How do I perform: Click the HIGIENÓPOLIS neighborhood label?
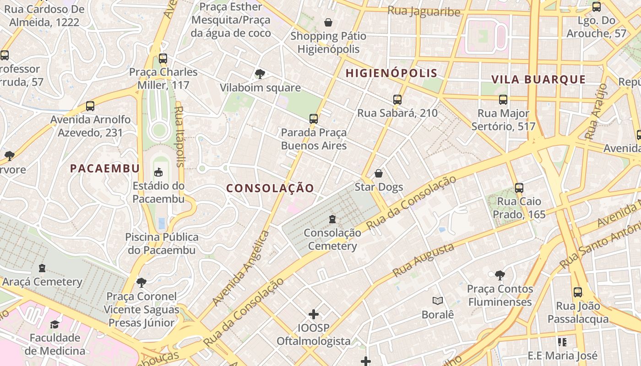[x=391, y=73]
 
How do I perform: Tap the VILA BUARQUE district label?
[x=538, y=80]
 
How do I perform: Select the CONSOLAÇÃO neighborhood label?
[x=270, y=188]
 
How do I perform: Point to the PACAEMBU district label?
[x=105, y=168]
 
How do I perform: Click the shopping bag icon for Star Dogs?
[x=379, y=173]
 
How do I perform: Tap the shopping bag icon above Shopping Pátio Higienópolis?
[x=328, y=22]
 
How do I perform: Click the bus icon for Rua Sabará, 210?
[x=397, y=99]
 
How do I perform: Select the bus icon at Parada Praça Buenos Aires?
[x=314, y=119]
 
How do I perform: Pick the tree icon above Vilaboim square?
[x=260, y=74]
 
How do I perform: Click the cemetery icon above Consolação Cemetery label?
[x=332, y=219]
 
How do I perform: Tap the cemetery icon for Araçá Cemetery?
[x=42, y=268]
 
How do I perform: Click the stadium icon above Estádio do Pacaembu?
[x=158, y=172]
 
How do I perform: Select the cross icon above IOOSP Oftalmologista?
[x=314, y=314]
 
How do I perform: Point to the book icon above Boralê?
[x=438, y=301]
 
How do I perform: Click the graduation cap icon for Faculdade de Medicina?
[x=55, y=324]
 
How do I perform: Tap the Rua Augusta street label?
[x=424, y=260]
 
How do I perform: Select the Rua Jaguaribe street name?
[x=424, y=11]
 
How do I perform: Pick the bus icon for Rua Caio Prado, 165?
[x=519, y=188]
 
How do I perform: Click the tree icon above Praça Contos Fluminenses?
[x=500, y=275]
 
